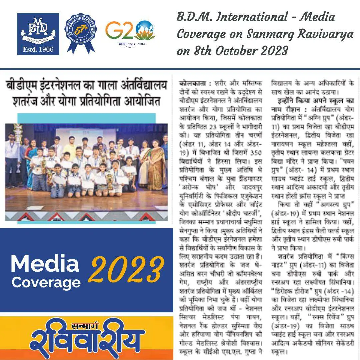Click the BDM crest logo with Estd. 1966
pyautogui.click(x=38, y=34)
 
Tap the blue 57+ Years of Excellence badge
pyautogui.click(x=81, y=33)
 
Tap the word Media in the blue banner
pyautogui.click(x=45, y=264)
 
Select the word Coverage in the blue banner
pyautogui.click(x=46, y=282)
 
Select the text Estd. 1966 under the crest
pyautogui.click(x=38, y=49)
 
